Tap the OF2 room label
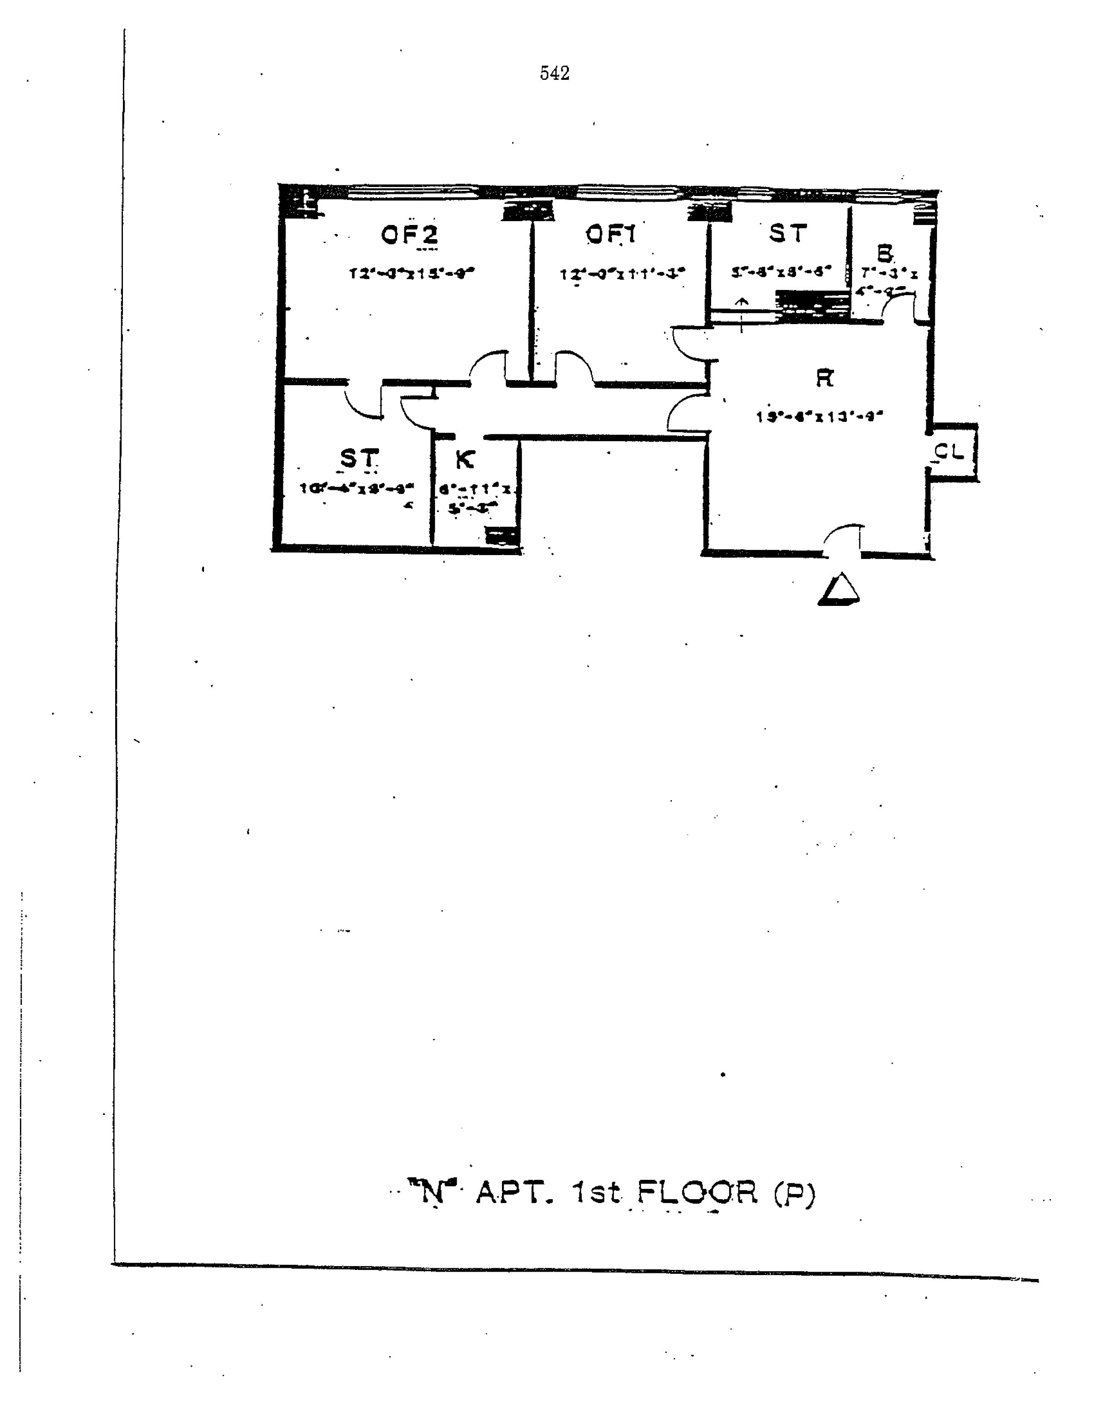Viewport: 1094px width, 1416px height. [x=409, y=235]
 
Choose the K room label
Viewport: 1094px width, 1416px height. [x=465, y=459]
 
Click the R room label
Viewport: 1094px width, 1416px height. [x=824, y=378]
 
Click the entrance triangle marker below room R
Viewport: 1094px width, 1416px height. [x=839, y=590]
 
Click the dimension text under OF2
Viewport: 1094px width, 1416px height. [x=411, y=273]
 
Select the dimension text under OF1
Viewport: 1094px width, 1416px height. [x=622, y=274]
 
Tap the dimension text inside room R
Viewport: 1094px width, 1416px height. [x=820, y=417]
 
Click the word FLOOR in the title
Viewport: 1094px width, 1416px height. [x=696, y=1192]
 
